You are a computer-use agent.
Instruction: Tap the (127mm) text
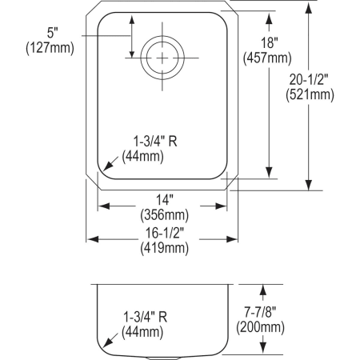click(50, 48)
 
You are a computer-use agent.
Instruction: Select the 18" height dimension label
click(269, 42)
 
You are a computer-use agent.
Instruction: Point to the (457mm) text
click(267, 58)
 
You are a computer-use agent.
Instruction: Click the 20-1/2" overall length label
click(309, 79)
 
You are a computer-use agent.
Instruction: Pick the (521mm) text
click(310, 94)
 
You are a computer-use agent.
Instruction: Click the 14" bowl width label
click(165, 200)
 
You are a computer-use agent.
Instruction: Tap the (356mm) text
click(165, 215)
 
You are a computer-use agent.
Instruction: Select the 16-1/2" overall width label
click(165, 233)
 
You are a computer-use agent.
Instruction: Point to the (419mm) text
click(165, 248)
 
